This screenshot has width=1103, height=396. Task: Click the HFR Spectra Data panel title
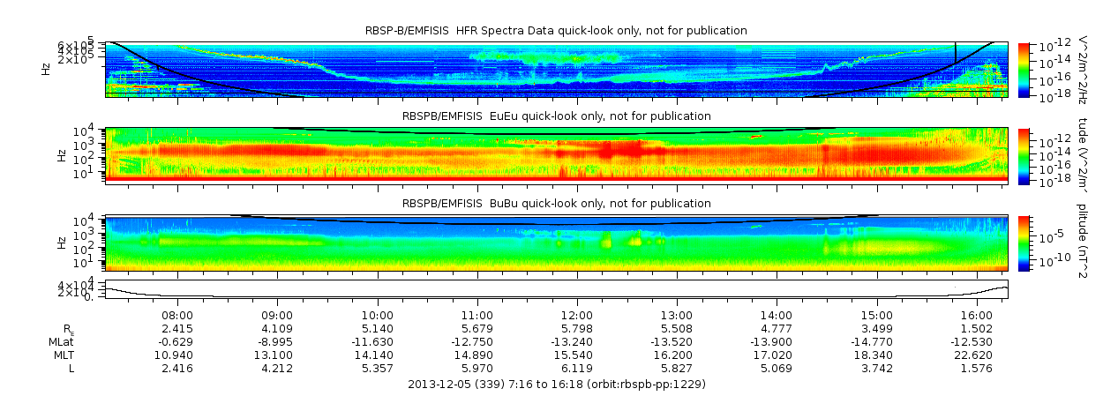tap(556, 31)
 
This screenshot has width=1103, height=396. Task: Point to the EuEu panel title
tap(556, 116)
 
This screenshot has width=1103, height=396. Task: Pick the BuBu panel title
tap(556, 204)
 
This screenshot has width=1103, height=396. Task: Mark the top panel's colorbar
tap(1024, 69)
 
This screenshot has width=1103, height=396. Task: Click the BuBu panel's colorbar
tap(1024, 243)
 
